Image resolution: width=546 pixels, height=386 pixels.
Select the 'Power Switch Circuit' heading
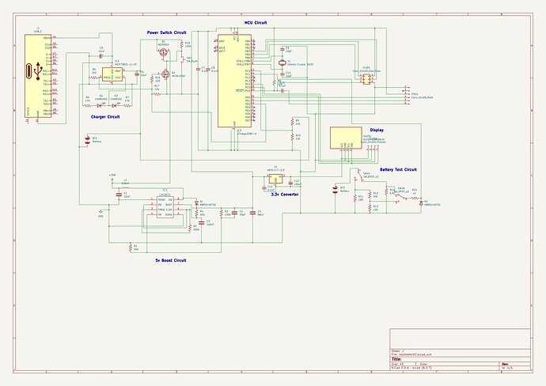point(167,32)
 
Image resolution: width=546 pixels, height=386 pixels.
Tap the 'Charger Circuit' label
point(106,116)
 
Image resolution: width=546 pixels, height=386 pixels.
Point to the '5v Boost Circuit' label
point(172,259)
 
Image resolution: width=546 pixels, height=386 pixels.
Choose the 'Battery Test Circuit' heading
point(398,169)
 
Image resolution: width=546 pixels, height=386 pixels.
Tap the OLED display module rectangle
point(346,138)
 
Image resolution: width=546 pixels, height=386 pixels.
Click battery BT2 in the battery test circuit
point(343,191)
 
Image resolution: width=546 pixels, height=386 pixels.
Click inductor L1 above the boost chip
point(125,186)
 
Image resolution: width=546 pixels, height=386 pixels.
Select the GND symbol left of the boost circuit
point(100,211)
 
